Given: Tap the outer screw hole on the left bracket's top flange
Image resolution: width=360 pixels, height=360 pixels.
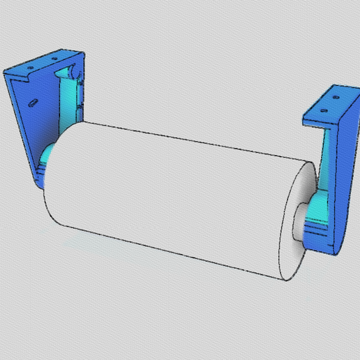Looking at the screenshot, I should click(x=31, y=67).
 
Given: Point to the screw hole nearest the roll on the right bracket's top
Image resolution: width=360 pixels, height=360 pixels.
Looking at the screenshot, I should click(x=323, y=109).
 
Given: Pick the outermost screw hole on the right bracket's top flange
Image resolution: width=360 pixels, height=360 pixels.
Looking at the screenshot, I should click(x=336, y=97).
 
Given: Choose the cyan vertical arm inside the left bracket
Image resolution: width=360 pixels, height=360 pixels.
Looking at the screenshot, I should click(x=68, y=98).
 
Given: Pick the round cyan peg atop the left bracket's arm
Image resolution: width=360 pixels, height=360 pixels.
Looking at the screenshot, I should click(x=72, y=72).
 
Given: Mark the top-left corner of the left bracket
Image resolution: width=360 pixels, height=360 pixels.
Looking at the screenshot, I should click(x=6, y=72).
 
